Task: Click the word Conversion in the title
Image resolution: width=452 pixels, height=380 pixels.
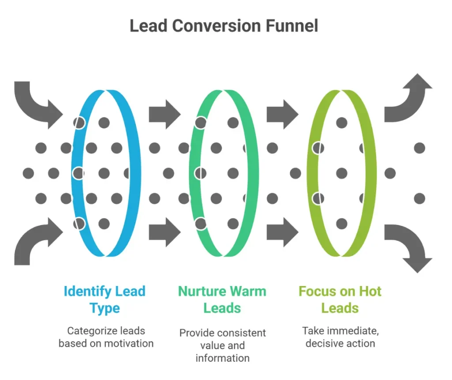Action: pos(215,26)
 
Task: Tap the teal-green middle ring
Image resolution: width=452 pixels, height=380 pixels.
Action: pos(250,173)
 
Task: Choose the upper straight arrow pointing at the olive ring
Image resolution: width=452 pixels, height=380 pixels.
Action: pos(282,114)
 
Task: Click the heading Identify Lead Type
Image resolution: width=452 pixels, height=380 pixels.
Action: pos(105,299)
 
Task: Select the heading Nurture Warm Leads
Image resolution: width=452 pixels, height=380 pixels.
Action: pos(222,299)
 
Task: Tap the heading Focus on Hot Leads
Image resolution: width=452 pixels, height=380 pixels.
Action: pos(340,299)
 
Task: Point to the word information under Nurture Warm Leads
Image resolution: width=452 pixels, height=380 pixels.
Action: pos(222,357)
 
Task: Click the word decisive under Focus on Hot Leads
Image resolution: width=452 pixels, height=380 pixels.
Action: pos(322,343)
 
